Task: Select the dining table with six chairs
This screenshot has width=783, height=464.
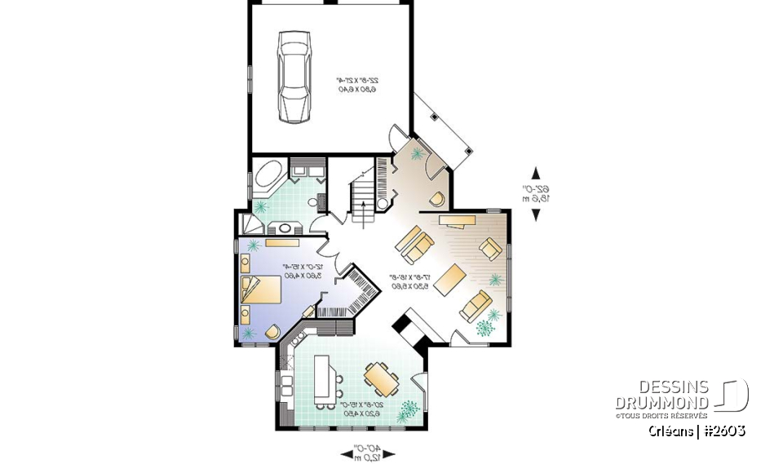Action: tap(380, 378)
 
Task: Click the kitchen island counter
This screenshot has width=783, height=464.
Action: tap(325, 379)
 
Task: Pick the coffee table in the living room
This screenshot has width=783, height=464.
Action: tap(449, 279)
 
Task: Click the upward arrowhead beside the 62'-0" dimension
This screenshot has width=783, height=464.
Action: tap(536, 172)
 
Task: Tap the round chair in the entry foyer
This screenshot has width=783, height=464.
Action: tap(438, 198)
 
